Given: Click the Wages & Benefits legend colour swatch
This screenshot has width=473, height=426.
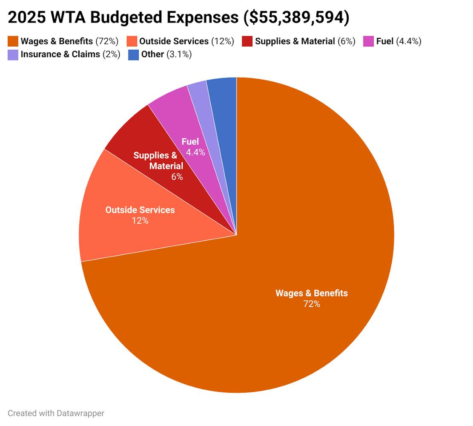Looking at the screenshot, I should (13, 41).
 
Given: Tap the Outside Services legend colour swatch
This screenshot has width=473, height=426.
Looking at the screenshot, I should (132, 41).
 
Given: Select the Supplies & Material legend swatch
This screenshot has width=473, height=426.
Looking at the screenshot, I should (247, 41).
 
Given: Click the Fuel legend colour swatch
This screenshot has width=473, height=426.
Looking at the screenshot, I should (369, 41).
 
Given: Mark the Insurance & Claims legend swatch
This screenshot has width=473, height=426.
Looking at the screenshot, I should (13, 55).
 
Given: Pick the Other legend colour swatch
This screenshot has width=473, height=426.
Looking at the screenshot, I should (134, 55).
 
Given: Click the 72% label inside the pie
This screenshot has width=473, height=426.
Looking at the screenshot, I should (312, 304).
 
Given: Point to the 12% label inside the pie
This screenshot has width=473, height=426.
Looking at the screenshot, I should (140, 221).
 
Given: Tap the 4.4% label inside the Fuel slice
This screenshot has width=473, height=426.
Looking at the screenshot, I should (195, 152).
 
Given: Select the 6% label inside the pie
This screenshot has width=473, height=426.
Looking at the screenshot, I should (177, 176).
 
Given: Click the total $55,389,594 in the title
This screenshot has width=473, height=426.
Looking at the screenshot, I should (296, 17).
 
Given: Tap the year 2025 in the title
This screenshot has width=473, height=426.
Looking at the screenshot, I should (27, 17).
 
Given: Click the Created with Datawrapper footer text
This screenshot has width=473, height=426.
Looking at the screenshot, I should (56, 413).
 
